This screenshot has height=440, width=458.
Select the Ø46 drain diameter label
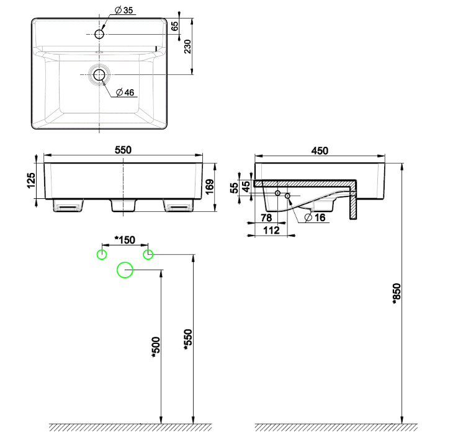125,93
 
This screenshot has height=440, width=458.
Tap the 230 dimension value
188,47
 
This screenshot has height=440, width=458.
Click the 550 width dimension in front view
123,150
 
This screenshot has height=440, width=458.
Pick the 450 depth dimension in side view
320,150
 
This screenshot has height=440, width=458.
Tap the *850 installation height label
397,296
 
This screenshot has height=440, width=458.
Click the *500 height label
155,348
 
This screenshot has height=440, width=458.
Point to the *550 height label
188,338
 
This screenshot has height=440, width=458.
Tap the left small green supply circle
101,254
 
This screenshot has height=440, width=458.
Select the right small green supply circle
148,254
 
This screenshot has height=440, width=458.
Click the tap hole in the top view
99,34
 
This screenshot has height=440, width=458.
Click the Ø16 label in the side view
317,217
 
